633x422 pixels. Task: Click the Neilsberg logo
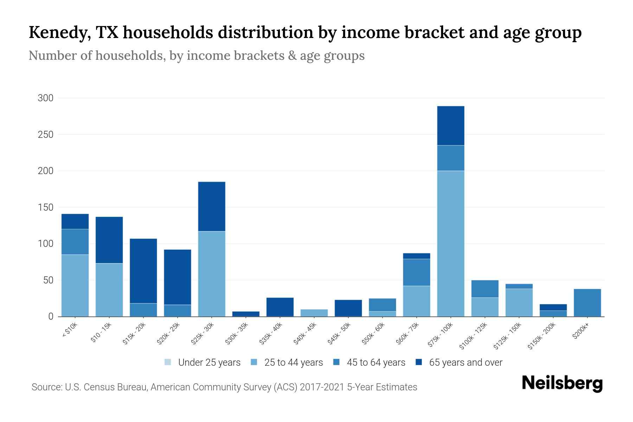[562, 383]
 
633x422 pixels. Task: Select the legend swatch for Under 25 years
[168, 362]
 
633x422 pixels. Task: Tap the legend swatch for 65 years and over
[419, 362]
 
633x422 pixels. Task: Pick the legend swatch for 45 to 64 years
[337, 362]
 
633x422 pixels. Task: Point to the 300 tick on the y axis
[46, 98]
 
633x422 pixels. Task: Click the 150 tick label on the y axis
[46, 207]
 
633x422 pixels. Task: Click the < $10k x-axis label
[69, 330]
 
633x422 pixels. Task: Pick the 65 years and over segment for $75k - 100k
[450, 126]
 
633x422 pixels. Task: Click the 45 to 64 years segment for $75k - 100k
[450, 158]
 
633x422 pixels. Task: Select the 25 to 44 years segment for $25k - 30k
[212, 274]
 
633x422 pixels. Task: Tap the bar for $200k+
[587, 302]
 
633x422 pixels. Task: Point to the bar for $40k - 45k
[314, 313]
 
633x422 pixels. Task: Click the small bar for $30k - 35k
[246, 314]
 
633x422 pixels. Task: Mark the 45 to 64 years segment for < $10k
[75, 242]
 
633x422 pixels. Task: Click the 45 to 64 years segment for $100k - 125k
[485, 289]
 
